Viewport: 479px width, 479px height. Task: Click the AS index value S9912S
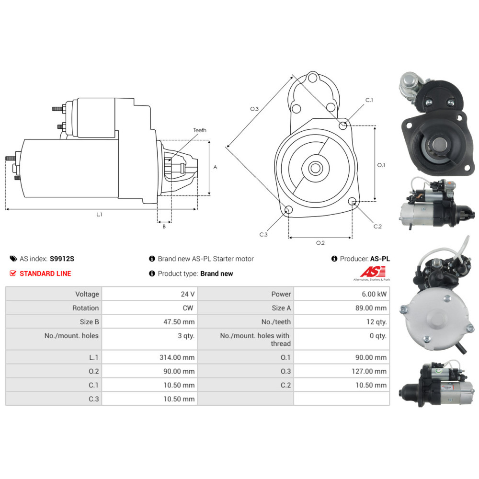coord(62,259)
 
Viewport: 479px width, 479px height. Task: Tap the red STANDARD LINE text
coord(45,274)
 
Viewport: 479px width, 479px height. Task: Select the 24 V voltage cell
coord(188,294)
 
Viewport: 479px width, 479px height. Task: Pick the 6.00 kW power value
coord(375,294)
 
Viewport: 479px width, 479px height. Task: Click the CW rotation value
coord(189,308)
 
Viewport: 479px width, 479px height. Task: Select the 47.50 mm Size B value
coord(181,322)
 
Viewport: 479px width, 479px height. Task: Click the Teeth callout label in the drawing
coord(200,130)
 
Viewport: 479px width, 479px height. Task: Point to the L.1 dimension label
coord(99,215)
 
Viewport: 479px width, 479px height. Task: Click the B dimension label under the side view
coord(164,227)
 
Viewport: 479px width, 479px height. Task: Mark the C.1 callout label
coord(369,100)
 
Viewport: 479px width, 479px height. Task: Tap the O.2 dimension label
coord(320,243)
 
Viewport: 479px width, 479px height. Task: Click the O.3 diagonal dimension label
coord(254,109)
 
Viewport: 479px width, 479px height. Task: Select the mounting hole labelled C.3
coord(289,209)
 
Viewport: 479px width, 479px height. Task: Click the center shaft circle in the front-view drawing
coord(315,168)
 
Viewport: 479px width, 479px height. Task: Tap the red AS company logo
coord(370,272)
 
